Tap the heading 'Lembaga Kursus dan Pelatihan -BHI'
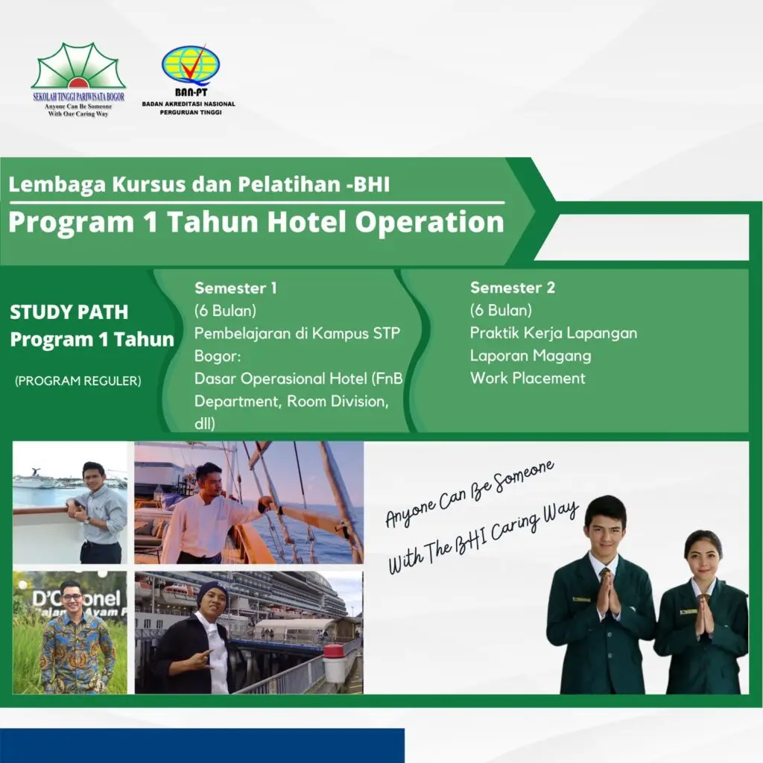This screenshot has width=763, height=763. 199,183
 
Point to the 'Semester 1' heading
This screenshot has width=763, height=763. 235,288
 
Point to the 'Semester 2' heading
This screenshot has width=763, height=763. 513,288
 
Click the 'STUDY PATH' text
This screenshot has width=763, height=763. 69,312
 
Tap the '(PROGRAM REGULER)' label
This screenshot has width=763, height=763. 77,381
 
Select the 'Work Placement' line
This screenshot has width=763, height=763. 528,378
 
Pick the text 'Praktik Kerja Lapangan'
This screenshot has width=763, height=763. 554,333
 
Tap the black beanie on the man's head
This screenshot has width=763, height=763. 211,592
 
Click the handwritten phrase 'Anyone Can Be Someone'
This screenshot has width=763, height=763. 469,495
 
